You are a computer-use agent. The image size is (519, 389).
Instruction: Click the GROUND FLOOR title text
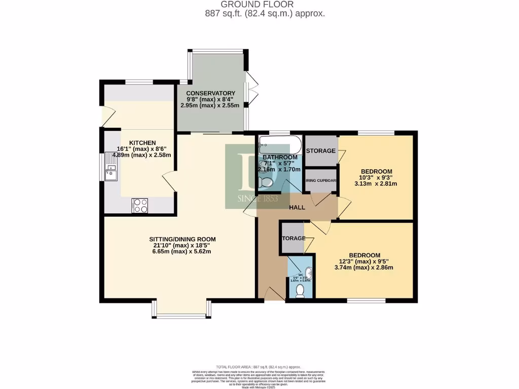tap(264, 5)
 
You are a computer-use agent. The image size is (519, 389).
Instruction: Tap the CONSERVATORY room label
tap(210, 93)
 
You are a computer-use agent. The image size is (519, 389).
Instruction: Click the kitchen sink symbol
tap(110, 169)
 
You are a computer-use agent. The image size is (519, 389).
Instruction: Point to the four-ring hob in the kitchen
tap(139, 205)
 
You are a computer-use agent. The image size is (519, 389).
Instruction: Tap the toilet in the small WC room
tap(300, 290)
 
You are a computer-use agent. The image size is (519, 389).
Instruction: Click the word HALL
tap(297, 208)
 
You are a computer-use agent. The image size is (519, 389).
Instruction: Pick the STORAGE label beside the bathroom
tap(320, 151)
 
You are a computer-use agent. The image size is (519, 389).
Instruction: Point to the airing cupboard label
tap(321, 181)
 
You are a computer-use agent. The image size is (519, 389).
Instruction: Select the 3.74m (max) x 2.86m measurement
tap(364, 268)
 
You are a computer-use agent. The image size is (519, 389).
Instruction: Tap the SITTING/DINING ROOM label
tap(182, 239)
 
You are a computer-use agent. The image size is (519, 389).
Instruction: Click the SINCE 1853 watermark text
tap(258, 199)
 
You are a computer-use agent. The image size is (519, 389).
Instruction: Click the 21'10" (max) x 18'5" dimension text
tap(182, 245)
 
